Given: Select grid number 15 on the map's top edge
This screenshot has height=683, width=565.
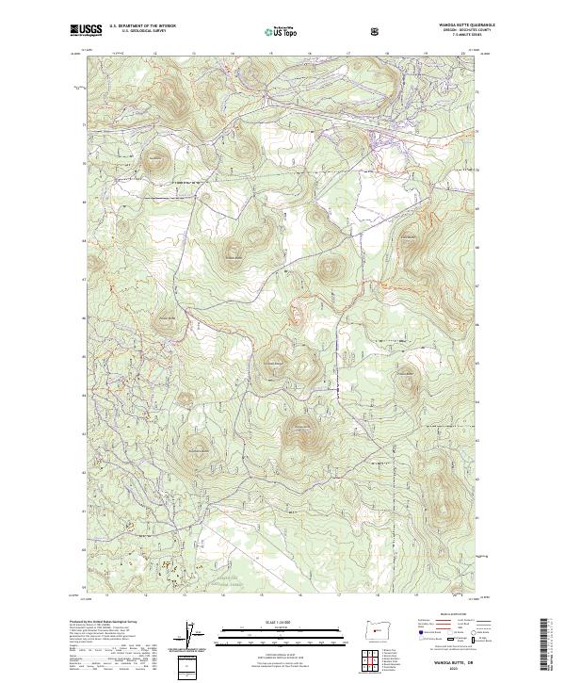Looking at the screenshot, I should click(x=232, y=54).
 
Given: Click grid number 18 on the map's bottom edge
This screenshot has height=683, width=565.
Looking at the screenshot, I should click(x=377, y=595).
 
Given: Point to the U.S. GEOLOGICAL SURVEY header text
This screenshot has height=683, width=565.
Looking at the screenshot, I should click(x=138, y=32).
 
